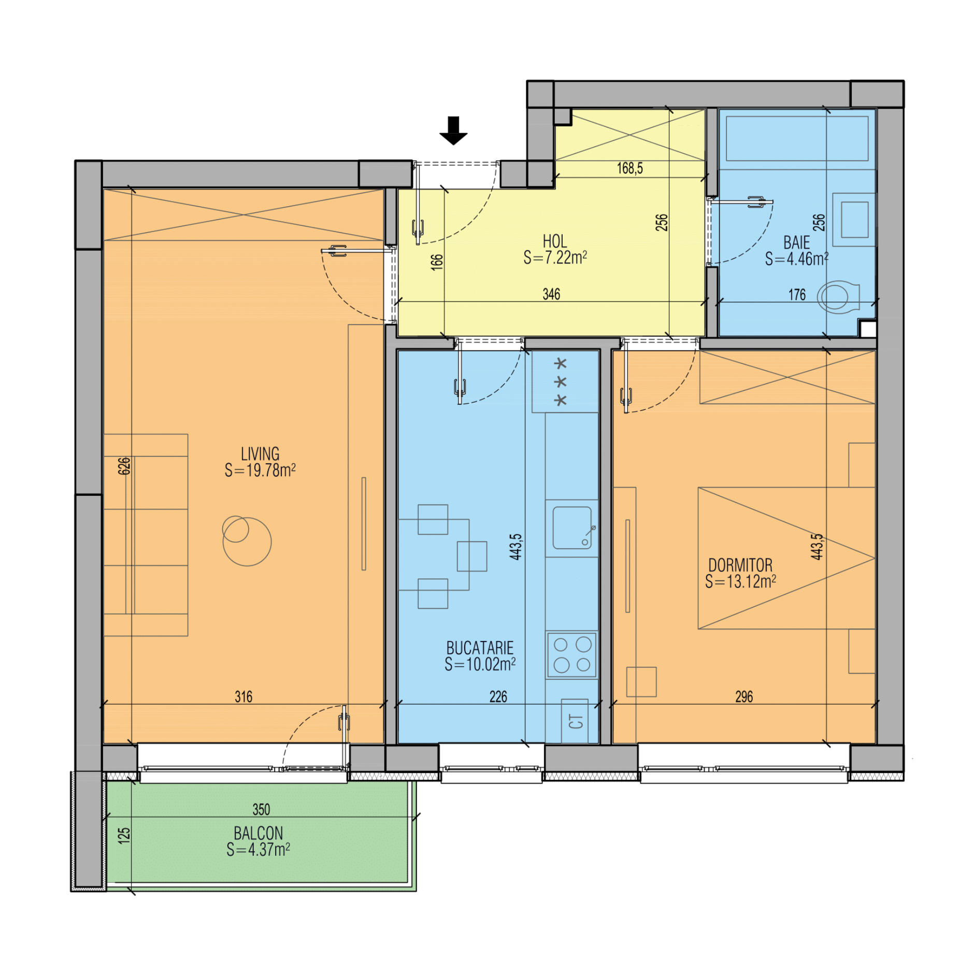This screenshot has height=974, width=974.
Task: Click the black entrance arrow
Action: (x=453, y=130)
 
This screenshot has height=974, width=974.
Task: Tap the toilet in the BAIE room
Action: (x=838, y=297)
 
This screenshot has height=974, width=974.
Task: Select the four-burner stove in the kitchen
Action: (x=571, y=655)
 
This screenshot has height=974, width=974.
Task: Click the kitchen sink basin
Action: (x=572, y=527)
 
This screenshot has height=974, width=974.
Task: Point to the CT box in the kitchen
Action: (x=575, y=721)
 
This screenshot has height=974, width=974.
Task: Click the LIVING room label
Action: (x=260, y=454)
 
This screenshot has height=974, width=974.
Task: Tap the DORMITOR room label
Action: (x=740, y=565)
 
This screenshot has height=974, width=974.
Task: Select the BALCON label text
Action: (x=258, y=833)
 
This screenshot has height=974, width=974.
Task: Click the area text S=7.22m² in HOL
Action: (x=555, y=257)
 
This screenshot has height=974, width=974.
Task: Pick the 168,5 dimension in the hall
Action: (x=629, y=168)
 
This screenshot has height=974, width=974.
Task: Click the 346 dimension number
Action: (x=551, y=294)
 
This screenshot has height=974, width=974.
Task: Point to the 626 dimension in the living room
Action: (x=124, y=466)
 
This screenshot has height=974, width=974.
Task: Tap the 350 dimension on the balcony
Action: (x=261, y=809)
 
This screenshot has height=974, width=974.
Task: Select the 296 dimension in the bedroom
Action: (x=744, y=697)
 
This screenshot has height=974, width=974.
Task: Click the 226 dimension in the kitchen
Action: (x=498, y=697)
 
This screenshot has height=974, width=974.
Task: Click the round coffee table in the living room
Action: (x=247, y=541)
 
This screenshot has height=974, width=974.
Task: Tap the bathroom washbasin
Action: (x=854, y=220)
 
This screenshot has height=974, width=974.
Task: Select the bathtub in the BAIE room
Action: (x=797, y=139)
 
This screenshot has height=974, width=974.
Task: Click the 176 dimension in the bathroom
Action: (x=797, y=295)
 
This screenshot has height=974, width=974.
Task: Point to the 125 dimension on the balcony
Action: (x=124, y=835)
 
